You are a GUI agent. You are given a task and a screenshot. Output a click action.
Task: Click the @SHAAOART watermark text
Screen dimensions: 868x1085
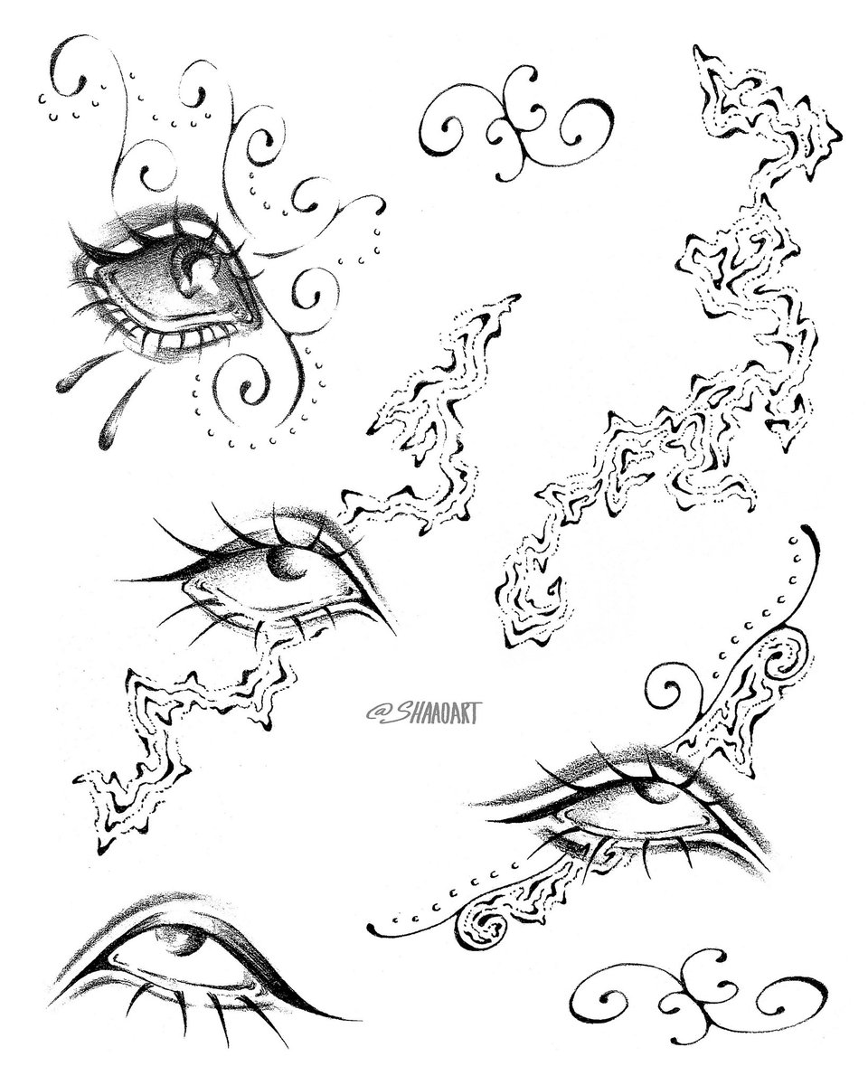(421, 712)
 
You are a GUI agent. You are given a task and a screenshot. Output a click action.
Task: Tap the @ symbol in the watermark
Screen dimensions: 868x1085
(374, 712)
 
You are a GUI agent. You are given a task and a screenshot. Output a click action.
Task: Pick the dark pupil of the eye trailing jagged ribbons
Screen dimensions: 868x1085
(286, 564)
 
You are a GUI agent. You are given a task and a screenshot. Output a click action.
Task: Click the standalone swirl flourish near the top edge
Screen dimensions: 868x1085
(517, 123)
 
